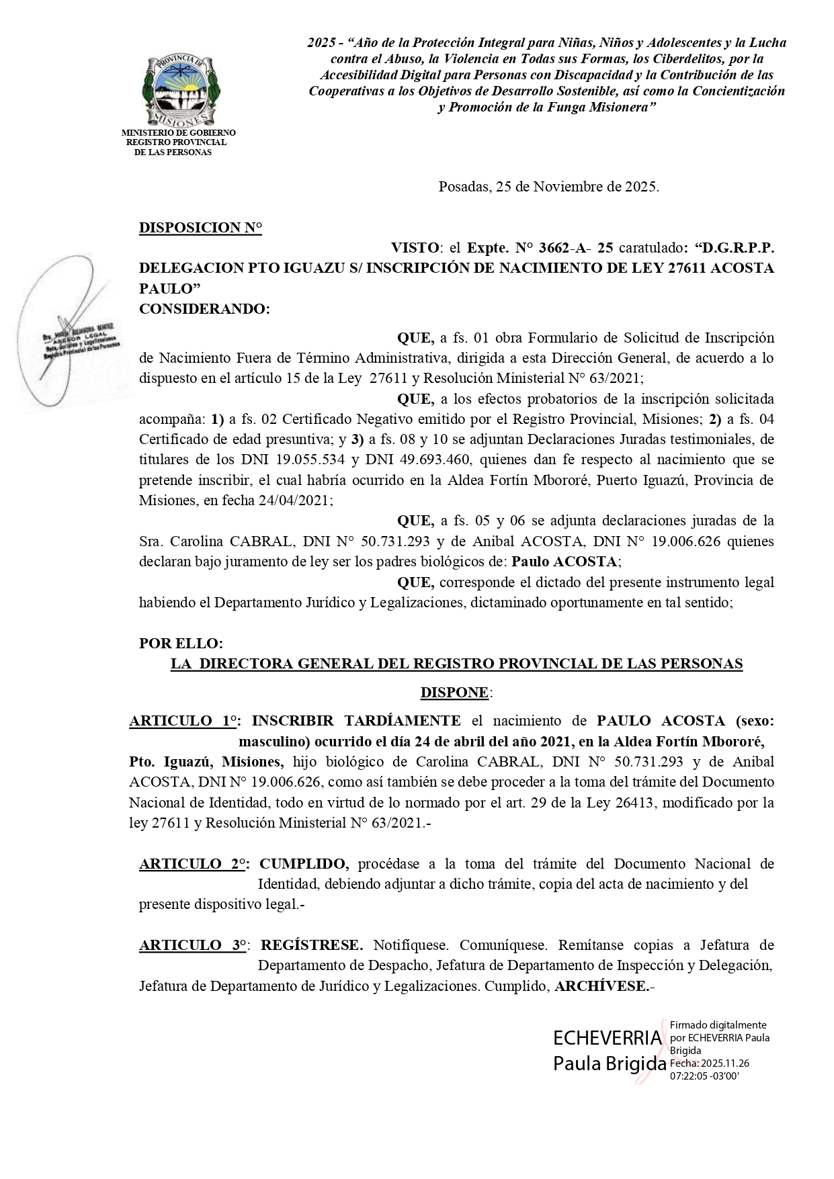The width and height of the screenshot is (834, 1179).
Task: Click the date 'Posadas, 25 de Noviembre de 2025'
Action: pyautogui.click(x=548, y=187)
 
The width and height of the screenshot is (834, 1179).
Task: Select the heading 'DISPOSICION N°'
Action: pyautogui.click(x=200, y=228)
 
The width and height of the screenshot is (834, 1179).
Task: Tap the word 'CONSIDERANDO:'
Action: pyautogui.click(x=204, y=309)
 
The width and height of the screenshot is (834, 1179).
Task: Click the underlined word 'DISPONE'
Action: pyautogui.click(x=454, y=692)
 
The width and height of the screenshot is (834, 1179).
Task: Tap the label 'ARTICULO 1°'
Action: pyautogui.click(x=185, y=721)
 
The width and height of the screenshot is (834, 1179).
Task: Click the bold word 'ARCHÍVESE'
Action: pyautogui.click(x=601, y=986)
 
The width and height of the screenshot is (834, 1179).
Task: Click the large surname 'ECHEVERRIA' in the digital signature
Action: pyautogui.click(x=608, y=1038)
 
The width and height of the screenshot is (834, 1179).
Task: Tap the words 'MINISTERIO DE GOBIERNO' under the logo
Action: pyautogui.click(x=179, y=133)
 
